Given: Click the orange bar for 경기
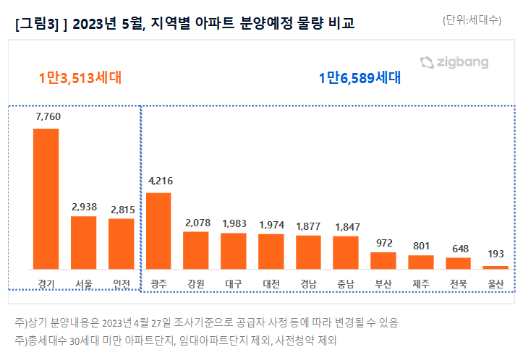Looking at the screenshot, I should coord(46,199).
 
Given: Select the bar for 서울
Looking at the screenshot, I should coord(83,242).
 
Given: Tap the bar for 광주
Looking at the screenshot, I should coord(158,231).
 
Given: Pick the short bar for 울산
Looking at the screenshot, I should coord(496,267).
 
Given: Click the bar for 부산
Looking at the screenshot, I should coord(383,260).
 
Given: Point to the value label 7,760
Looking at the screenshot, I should coord(46,116).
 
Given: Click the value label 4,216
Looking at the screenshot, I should coord(159,181).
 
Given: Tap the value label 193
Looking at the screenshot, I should coord(496,254).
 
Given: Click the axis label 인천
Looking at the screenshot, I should coord(122,283).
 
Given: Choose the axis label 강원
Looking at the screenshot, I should coord(196,283).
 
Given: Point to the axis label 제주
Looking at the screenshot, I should coord(421,283).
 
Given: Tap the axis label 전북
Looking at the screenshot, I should coord(459,283).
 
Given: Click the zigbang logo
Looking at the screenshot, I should coord(454,63).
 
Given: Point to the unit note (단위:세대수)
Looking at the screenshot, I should coord(472,21).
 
